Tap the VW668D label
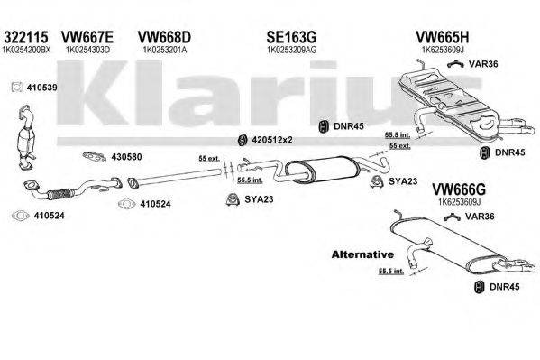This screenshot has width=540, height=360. coord(163,37)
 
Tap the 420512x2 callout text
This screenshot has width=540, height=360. coord(273,139)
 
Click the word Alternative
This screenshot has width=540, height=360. coord(362,254)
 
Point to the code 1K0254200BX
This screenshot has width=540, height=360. coord(33,51)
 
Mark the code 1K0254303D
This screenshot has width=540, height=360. coord(90,51)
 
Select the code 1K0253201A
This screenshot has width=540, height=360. coord(163,51)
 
